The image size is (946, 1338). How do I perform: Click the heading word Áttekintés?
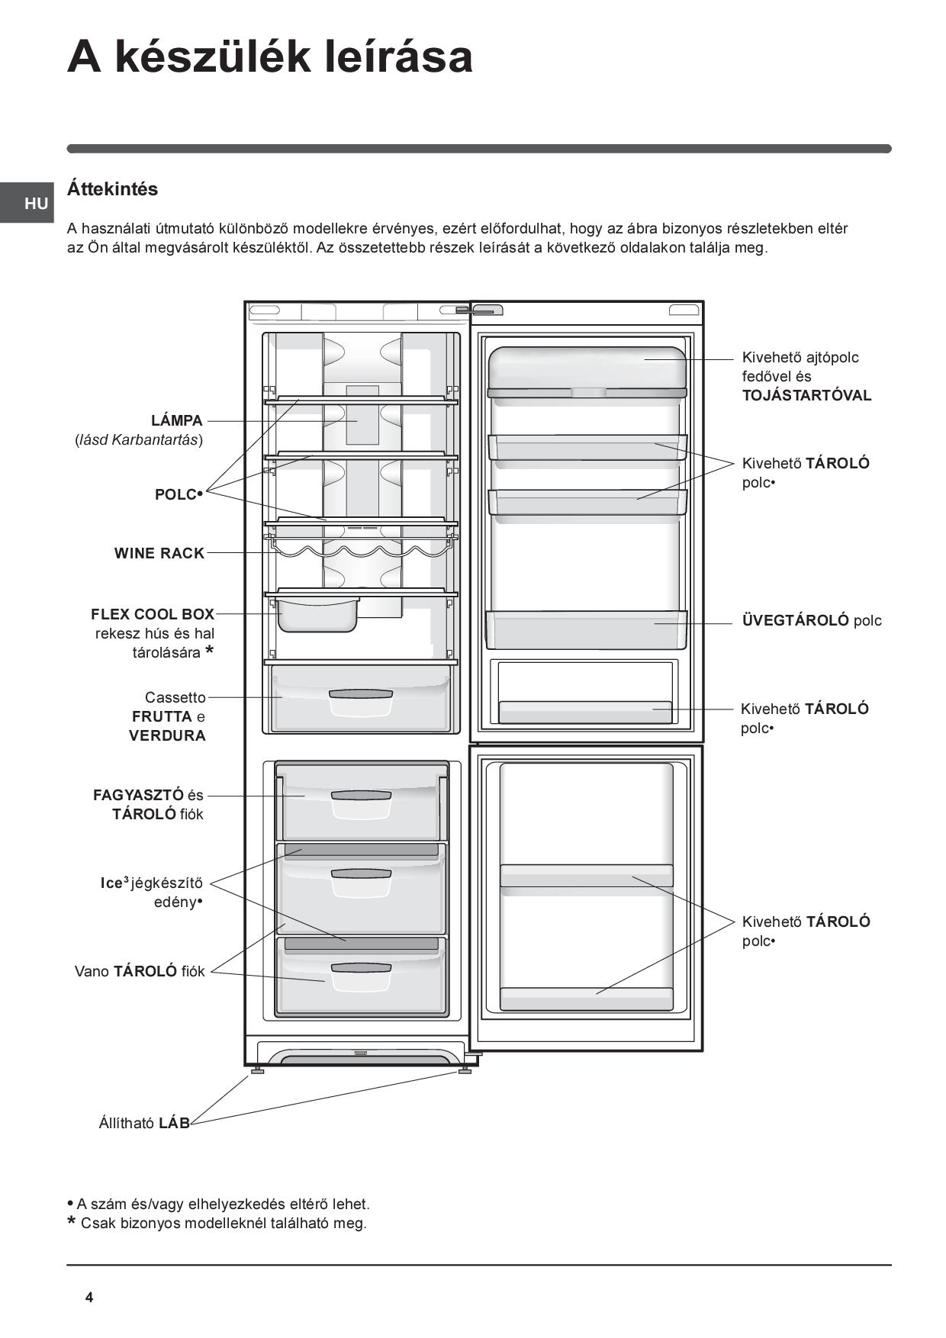[x=112, y=189]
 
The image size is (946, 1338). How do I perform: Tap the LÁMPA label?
[x=177, y=420]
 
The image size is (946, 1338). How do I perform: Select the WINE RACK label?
[x=159, y=553]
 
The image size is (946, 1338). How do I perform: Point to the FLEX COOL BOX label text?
[x=153, y=614]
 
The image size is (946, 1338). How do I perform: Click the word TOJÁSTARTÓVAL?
[x=806, y=395]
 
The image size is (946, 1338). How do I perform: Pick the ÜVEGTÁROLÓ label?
[x=795, y=620]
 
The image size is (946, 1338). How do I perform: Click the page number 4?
[x=89, y=1298]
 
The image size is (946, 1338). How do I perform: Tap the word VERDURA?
[x=167, y=735]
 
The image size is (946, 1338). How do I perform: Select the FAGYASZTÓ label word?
[x=138, y=795]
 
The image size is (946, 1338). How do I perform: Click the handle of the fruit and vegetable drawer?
[x=361, y=695]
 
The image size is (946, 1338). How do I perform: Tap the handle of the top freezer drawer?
[x=361, y=796]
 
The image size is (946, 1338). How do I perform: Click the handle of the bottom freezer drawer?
[x=361, y=968]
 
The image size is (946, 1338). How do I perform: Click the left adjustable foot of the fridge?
[x=257, y=1069]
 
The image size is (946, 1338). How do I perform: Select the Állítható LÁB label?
[x=144, y=1123]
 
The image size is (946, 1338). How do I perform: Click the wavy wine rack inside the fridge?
[x=361, y=549]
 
